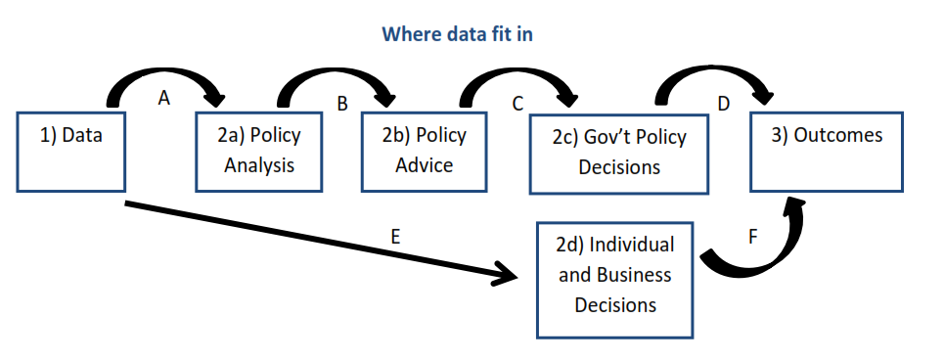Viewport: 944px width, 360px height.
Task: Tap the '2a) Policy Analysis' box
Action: tap(259, 151)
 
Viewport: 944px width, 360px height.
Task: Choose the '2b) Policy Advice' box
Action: tap(424, 151)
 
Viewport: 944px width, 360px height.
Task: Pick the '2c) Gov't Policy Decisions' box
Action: tap(618, 153)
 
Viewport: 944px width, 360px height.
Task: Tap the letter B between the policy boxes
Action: tap(341, 104)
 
